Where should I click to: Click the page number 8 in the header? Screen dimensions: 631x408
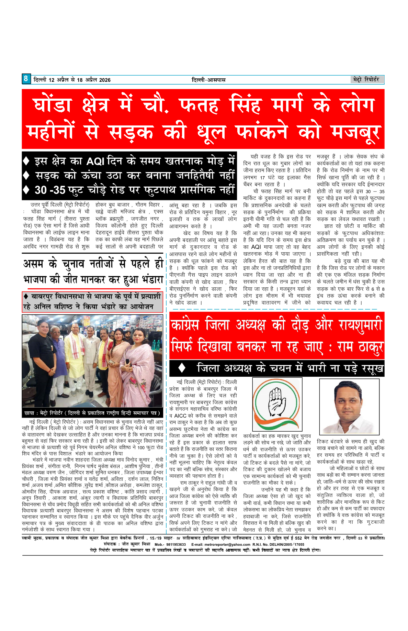[x=26, y=79]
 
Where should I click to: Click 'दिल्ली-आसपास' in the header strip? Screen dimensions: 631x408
[x=208, y=80]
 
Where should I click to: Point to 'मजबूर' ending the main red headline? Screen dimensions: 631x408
[x=356, y=132]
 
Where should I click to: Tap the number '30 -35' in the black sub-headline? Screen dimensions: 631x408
[x=50, y=190]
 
